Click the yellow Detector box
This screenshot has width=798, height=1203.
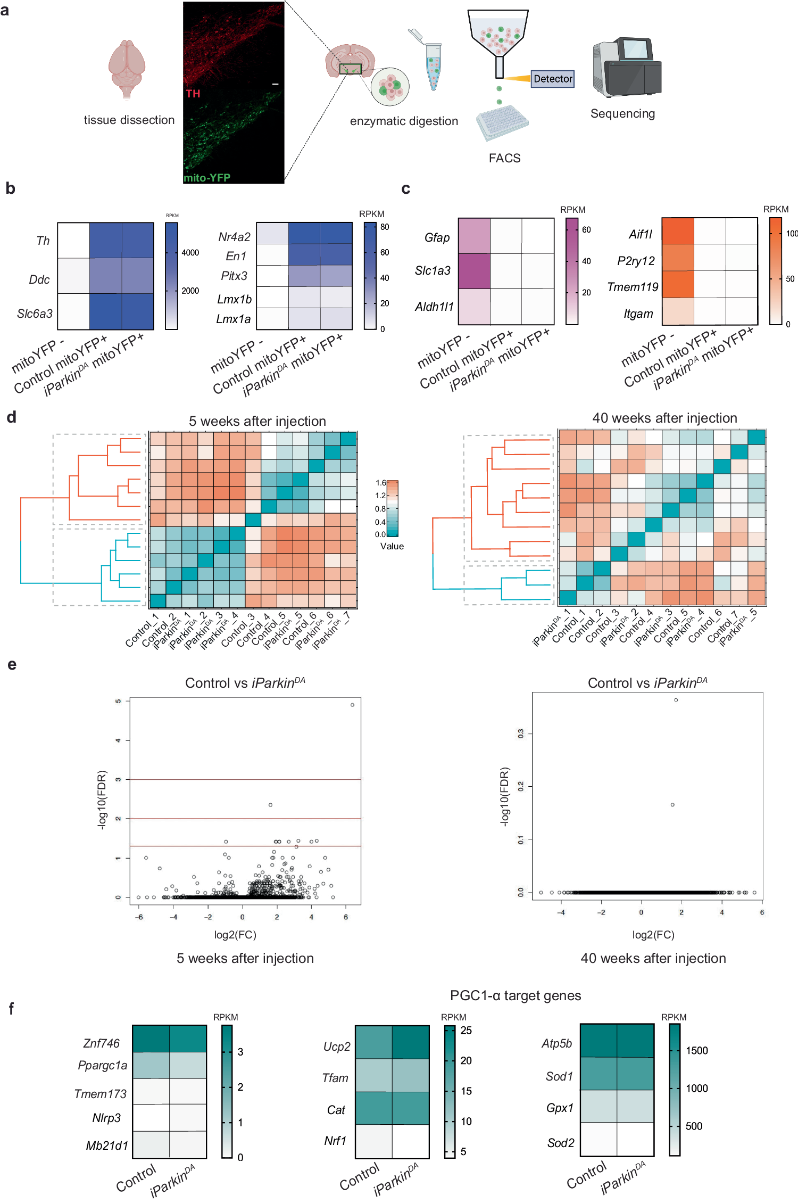click(x=552, y=79)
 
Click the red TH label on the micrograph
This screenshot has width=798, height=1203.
click(x=193, y=94)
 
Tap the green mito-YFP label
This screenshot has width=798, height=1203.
click(x=207, y=178)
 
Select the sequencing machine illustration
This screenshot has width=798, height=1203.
click(x=627, y=68)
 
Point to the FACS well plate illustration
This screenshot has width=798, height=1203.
click(x=502, y=122)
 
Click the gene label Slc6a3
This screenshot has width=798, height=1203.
click(x=35, y=314)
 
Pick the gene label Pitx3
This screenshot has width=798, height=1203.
click(x=234, y=276)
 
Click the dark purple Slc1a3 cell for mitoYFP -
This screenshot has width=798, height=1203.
click(x=474, y=271)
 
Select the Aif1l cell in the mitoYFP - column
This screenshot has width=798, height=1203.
click(x=678, y=231)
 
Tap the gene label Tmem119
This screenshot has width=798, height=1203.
click(x=633, y=287)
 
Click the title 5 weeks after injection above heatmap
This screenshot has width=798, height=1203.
click(x=257, y=421)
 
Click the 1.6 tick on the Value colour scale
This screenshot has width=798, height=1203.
click(x=381, y=483)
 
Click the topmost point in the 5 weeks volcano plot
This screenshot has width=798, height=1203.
click(x=352, y=705)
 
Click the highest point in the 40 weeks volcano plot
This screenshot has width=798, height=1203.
click(x=676, y=700)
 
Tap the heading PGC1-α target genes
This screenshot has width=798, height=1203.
click(x=515, y=995)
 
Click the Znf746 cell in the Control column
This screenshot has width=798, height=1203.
click(x=151, y=1039)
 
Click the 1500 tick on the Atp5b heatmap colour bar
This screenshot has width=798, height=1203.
click(x=696, y=1051)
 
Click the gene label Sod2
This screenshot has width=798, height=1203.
click(x=561, y=1143)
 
